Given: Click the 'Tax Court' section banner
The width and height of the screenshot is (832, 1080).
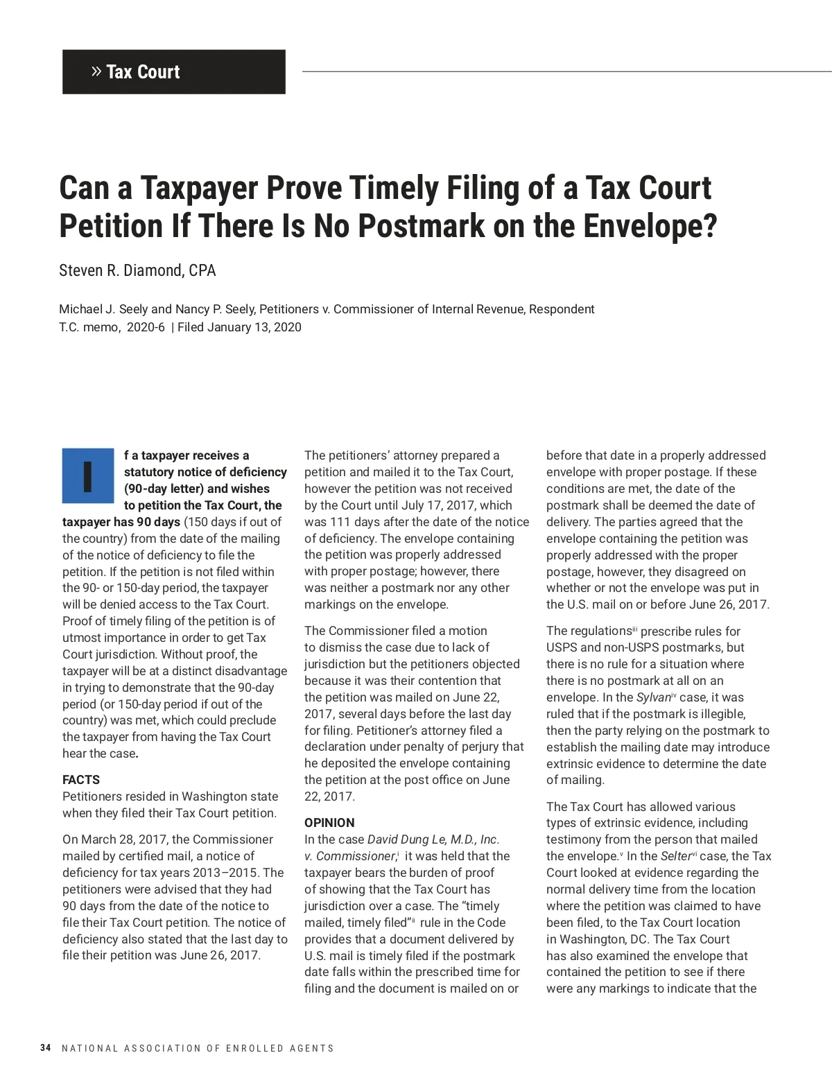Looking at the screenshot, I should click(x=173, y=71).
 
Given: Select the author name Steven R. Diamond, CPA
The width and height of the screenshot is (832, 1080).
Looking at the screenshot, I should click(x=137, y=270).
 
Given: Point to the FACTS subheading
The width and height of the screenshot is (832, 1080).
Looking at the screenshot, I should click(x=81, y=780).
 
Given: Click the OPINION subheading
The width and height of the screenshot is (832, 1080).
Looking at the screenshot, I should click(x=329, y=823).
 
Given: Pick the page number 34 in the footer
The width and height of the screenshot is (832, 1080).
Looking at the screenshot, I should click(x=46, y=1048).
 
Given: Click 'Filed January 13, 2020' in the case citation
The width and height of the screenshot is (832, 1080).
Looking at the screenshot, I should click(x=239, y=327).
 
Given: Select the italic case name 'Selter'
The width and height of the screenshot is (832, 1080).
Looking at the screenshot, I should click(x=675, y=856).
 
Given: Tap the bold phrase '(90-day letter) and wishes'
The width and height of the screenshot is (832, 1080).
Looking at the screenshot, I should click(x=197, y=489).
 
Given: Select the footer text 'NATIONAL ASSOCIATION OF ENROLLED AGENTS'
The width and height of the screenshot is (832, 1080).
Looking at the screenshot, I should click(x=198, y=1048).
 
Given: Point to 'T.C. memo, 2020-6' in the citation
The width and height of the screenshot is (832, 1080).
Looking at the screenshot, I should click(x=112, y=327).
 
